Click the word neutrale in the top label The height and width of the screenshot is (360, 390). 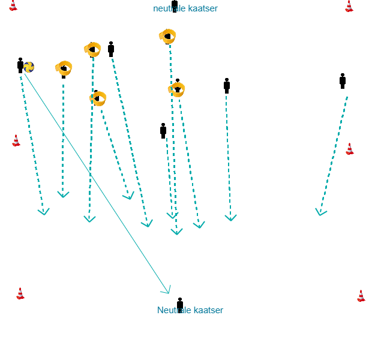[x=170, y=8]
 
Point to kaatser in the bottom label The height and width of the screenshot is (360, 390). [x=209, y=310]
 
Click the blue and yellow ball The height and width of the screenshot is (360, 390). [x=29, y=67]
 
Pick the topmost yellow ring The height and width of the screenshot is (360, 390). [x=168, y=37]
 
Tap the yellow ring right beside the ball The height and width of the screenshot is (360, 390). [x=64, y=68]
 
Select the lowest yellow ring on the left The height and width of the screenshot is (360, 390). [x=98, y=98]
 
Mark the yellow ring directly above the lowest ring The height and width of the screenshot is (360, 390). [x=93, y=49]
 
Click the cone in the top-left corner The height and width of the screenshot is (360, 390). [x=13, y=5]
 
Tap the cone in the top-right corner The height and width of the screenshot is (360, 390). [x=349, y=6]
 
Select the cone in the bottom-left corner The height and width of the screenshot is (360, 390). [x=20, y=293]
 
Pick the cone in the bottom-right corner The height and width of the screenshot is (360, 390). [x=361, y=295]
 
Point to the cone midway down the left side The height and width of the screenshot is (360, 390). [x=16, y=140]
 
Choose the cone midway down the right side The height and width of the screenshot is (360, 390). [x=350, y=149]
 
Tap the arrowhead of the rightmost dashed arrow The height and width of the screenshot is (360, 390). [x=320, y=212]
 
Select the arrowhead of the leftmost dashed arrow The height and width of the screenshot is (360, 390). [x=43, y=211]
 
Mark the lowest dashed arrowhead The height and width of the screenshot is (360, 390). [x=176, y=231]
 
